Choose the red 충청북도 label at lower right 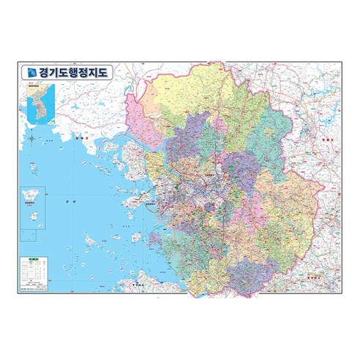[315, 276]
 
